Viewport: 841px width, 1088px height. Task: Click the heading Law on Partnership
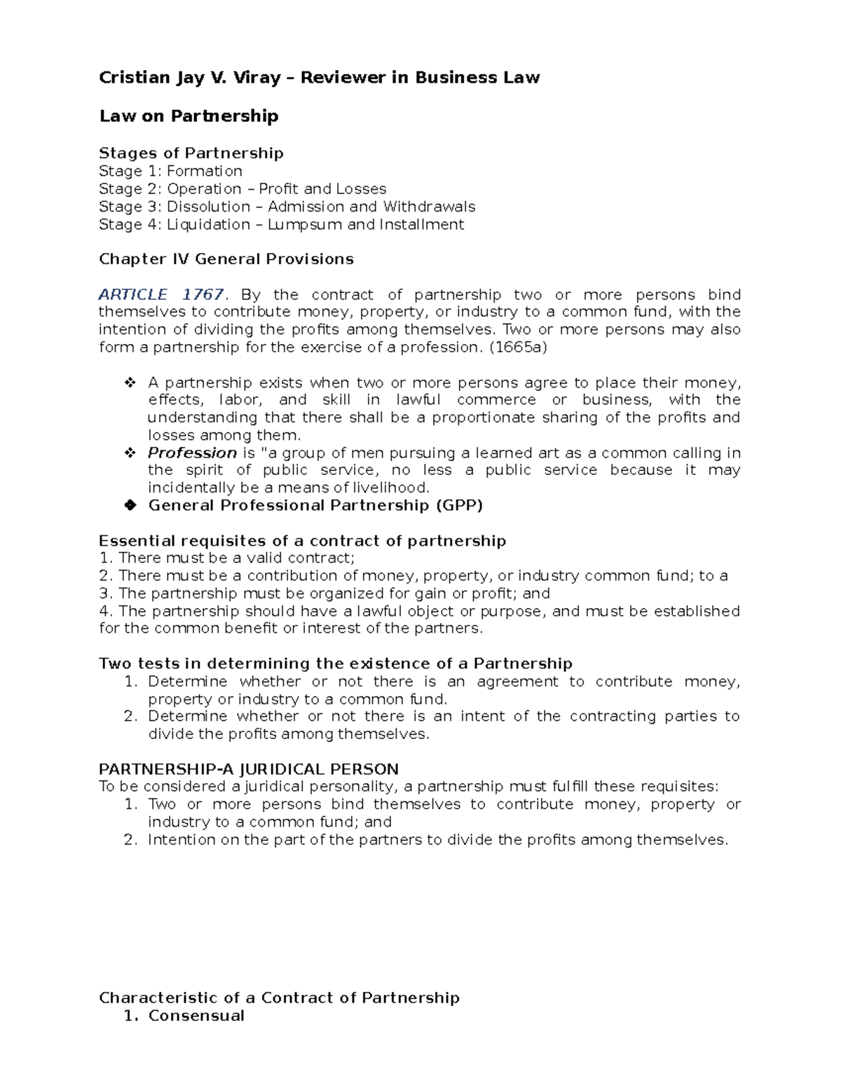(189, 116)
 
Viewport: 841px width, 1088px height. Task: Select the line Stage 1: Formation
(170, 172)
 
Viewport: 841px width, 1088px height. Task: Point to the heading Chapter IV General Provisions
(226, 259)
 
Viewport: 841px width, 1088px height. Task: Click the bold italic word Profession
(192, 453)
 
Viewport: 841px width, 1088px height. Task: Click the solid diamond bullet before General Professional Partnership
(130, 506)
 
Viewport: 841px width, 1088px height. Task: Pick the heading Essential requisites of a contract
(302, 541)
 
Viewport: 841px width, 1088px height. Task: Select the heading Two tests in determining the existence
(335, 663)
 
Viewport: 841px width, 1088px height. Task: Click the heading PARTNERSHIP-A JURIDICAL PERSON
(249, 769)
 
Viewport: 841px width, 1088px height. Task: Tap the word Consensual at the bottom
(196, 1016)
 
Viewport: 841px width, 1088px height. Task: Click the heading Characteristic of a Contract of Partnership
(279, 998)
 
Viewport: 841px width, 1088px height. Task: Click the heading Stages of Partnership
(191, 153)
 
